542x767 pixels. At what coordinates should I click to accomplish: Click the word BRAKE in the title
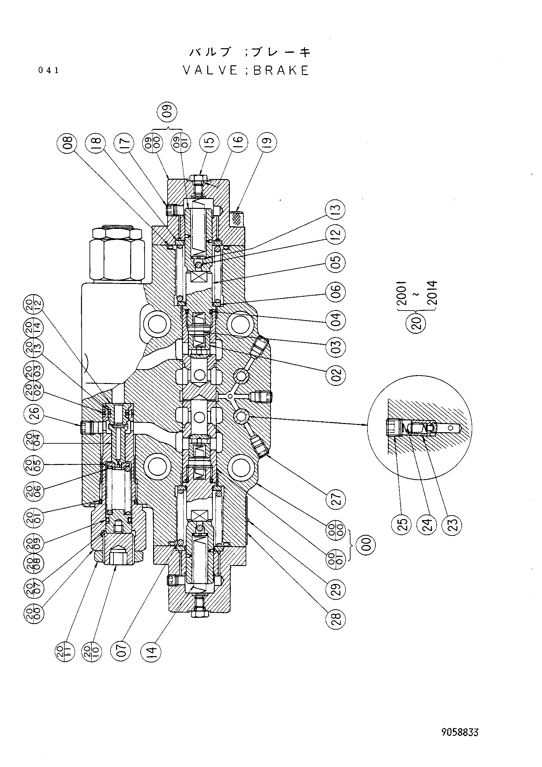pyautogui.click(x=281, y=71)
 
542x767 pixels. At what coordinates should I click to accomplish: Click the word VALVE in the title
pyautogui.click(x=210, y=71)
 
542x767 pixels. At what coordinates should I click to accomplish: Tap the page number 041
pyautogui.click(x=49, y=71)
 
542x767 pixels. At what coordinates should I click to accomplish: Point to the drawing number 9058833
pyautogui.click(x=460, y=733)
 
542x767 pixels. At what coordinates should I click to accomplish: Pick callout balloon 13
pyautogui.click(x=336, y=210)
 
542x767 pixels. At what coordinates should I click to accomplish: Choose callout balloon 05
pyautogui.click(x=336, y=262)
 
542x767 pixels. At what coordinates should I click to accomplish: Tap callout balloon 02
pyautogui.click(x=336, y=374)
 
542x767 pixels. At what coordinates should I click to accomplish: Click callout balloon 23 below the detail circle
pyautogui.click(x=454, y=524)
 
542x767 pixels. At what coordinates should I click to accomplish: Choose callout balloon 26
pyautogui.click(x=34, y=414)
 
